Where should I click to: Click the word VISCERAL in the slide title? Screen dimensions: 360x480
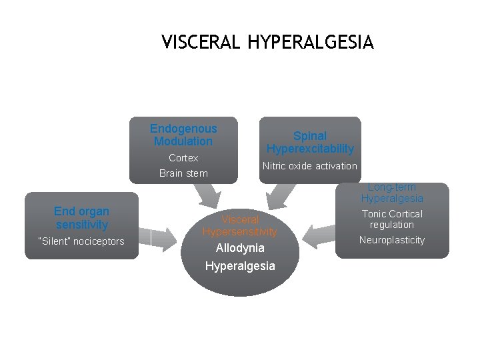[x=202, y=43]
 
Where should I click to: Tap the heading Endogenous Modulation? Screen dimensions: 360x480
[x=183, y=135]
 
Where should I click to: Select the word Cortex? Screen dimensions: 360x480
[x=183, y=158]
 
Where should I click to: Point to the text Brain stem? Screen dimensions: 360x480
[x=183, y=173]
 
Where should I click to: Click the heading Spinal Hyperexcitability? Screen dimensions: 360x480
[x=310, y=142]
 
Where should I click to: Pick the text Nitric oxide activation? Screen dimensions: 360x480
[x=310, y=166]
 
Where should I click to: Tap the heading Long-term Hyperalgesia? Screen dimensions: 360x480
[x=392, y=193]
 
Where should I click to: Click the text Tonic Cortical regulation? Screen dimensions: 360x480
[x=392, y=219]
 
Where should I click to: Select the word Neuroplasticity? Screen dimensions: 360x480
[x=392, y=240]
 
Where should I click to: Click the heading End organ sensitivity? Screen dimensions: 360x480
[x=81, y=218]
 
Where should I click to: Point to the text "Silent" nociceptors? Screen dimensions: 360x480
[x=81, y=241]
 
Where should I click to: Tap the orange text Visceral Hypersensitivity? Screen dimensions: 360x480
[x=239, y=225]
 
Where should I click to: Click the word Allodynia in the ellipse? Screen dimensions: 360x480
[x=240, y=248]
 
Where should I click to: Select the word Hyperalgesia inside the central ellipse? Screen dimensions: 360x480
[x=240, y=266]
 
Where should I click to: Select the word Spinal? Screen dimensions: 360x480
[x=310, y=135]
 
